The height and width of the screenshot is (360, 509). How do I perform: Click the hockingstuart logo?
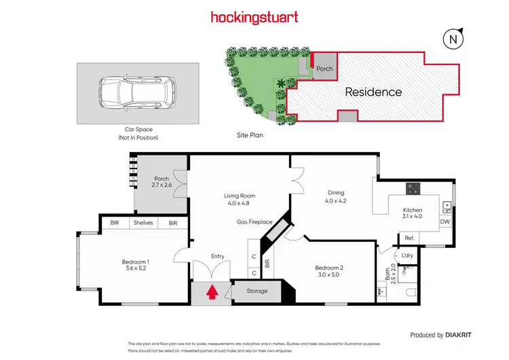pos(254,17)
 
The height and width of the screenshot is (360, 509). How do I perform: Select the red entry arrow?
pos(212,291)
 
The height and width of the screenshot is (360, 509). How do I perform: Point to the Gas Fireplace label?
pos(254,221)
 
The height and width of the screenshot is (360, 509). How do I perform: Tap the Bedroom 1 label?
pos(136,265)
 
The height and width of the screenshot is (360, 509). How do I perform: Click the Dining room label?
pos(335,196)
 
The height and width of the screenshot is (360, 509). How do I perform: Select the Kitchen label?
pos(413,213)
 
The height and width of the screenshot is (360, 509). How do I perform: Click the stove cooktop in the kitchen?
pos(413,188)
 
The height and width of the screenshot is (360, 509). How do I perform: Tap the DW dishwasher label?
pos(445,222)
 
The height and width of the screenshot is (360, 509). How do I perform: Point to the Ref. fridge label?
pos(409,238)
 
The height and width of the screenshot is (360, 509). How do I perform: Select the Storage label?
pos(257,291)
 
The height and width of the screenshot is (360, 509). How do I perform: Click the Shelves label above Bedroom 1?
pos(143,223)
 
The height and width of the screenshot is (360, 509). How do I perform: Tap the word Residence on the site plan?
pos(373,92)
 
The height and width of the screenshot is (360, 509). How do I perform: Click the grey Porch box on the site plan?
pos(324,68)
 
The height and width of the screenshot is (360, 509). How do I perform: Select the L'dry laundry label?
pos(408,255)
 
